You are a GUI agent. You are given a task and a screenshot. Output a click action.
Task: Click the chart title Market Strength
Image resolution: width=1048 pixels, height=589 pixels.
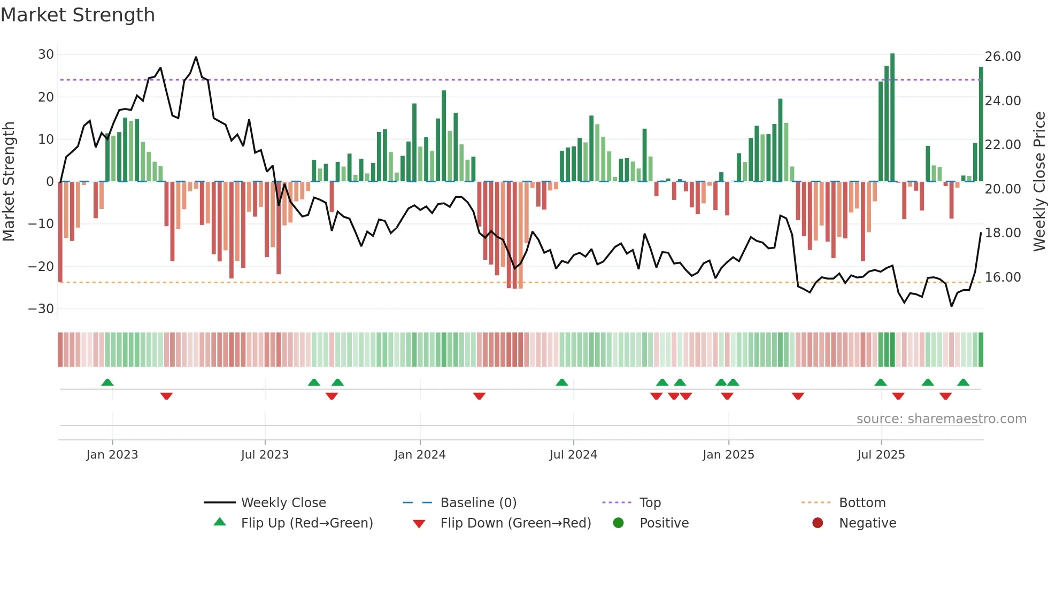[x=78, y=15]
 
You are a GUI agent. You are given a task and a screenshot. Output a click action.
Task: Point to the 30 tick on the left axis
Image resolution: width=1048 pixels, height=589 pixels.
[x=46, y=55]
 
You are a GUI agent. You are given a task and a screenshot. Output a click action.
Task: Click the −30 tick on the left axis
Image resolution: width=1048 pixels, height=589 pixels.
[x=41, y=309]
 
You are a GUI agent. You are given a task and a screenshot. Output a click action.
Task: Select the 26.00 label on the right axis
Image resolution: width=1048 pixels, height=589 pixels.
[x=1003, y=57]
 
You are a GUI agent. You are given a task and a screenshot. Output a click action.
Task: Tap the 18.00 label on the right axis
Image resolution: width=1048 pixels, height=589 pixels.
[x=1003, y=233]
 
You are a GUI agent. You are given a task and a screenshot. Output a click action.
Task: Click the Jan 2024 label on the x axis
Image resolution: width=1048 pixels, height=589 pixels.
[x=420, y=455]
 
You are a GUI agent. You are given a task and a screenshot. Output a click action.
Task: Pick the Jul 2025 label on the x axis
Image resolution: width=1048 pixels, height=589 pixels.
[x=881, y=455]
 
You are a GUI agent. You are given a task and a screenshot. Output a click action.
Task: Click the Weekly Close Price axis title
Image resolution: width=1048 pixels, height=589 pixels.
[x=1039, y=182]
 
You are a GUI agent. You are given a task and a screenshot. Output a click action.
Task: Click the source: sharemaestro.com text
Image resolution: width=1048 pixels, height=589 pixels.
[x=941, y=419]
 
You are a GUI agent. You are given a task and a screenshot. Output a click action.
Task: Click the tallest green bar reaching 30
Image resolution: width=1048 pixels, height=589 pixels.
[x=892, y=118]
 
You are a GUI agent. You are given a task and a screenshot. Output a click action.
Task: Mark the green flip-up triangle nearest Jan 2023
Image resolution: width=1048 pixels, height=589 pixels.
[x=107, y=383]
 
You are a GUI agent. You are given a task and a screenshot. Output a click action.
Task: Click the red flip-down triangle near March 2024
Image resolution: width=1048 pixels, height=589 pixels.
[x=479, y=396]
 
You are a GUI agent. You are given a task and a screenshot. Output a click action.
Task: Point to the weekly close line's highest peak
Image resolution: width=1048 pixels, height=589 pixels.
[x=196, y=58]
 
